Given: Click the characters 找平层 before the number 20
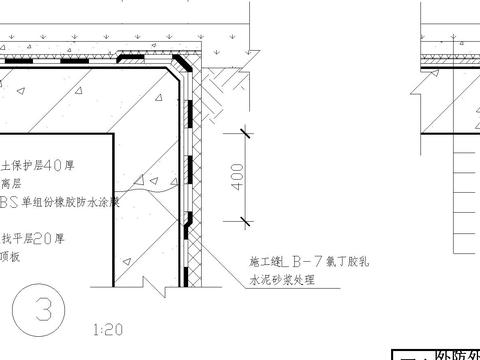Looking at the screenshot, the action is click(x=29, y=238).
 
